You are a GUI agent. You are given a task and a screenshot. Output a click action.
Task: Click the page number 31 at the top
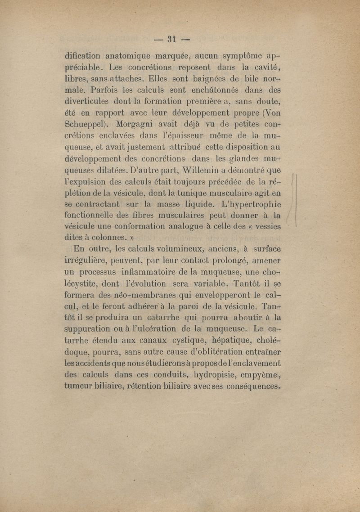coord(171,39)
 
